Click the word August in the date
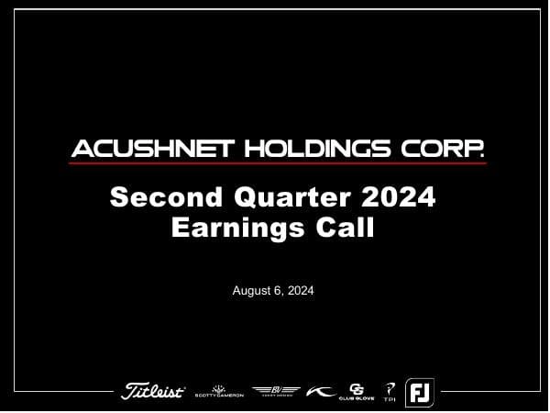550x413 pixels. [x=254, y=291]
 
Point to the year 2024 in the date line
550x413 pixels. [x=301, y=291]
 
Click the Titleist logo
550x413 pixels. [x=153, y=392]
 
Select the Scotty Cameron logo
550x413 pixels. [x=218, y=392]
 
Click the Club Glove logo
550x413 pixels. [x=357, y=392]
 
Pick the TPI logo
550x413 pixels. [x=390, y=392]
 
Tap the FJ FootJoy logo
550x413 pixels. [x=420, y=392]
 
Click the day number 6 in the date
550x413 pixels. [x=280, y=291]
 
